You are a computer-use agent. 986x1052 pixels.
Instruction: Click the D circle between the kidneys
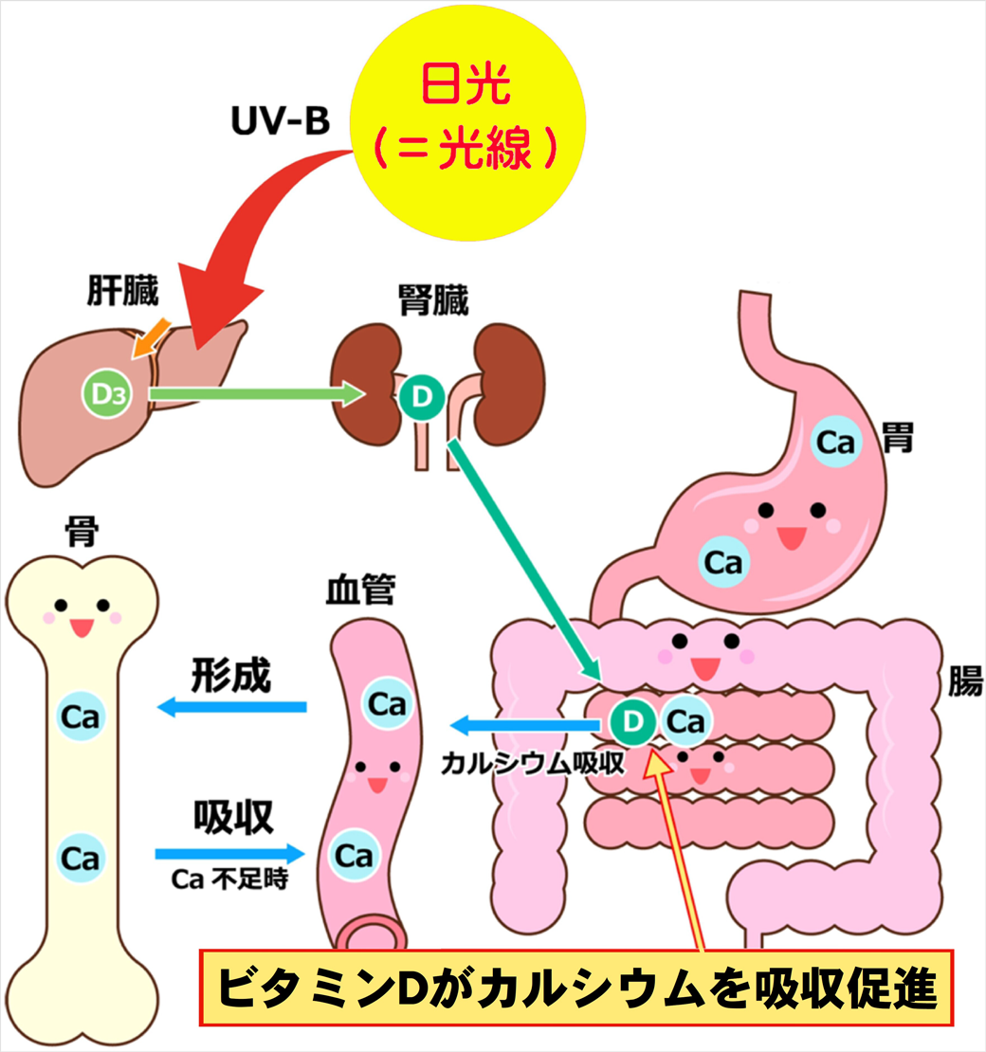[x=421, y=397]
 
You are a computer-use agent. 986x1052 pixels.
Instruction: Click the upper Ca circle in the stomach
[x=836, y=443]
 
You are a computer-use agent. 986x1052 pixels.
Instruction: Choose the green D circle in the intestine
[x=632, y=723]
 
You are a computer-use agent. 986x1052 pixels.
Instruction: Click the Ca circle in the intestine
[x=686, y=723]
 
